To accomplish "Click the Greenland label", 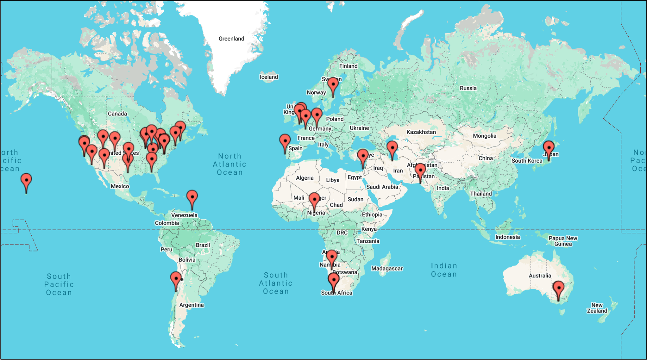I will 231,39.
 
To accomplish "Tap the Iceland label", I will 269,77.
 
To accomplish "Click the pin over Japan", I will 549,148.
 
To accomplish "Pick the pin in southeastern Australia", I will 558,288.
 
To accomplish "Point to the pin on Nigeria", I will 314,200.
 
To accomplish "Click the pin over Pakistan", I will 420,171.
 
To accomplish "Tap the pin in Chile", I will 176,279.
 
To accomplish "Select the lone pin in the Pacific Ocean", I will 26,181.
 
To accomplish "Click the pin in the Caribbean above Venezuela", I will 192,197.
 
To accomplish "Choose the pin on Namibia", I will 332,257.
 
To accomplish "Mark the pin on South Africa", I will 334,280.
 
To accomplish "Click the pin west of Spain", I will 285,141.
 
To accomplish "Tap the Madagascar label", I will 387,269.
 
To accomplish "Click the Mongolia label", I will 484,136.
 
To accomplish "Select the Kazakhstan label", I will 421,132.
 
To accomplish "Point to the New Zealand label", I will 597,308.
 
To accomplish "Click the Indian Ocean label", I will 444,270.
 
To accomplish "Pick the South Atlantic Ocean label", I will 276,283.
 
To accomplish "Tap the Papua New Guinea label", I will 563,241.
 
